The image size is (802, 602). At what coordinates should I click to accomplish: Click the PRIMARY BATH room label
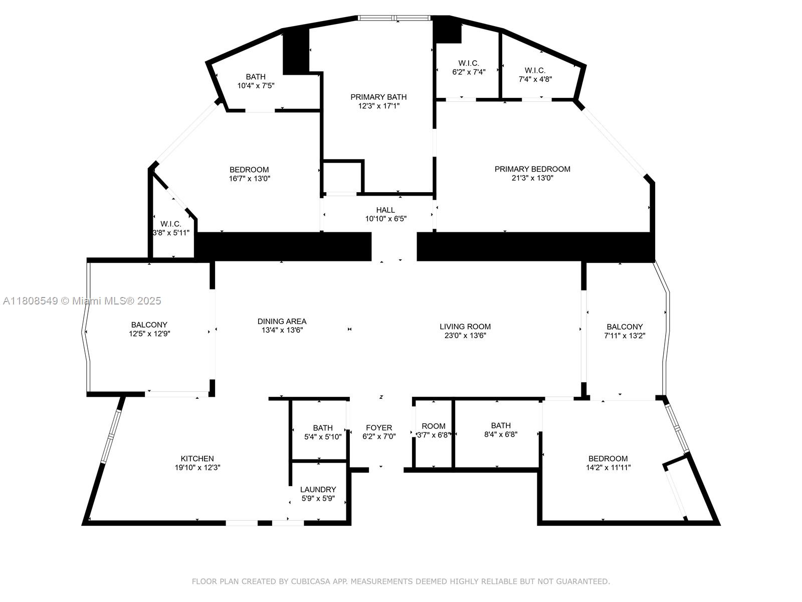[378, 97]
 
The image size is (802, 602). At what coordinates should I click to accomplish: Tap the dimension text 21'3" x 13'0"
[532, 179]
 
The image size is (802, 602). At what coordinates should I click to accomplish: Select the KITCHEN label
[197, 459]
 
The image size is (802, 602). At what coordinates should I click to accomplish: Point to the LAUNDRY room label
[318, 490]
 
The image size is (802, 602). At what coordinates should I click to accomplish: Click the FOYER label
[379, 428]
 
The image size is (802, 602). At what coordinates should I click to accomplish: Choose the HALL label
[385, 210]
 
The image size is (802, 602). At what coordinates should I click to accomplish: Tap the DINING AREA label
[282, 322]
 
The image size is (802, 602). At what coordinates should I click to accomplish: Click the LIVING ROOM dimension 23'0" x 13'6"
[465, 336]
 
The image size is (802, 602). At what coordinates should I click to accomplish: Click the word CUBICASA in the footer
[310, 581]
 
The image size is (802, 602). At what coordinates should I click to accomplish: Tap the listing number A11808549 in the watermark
[31, 301]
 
